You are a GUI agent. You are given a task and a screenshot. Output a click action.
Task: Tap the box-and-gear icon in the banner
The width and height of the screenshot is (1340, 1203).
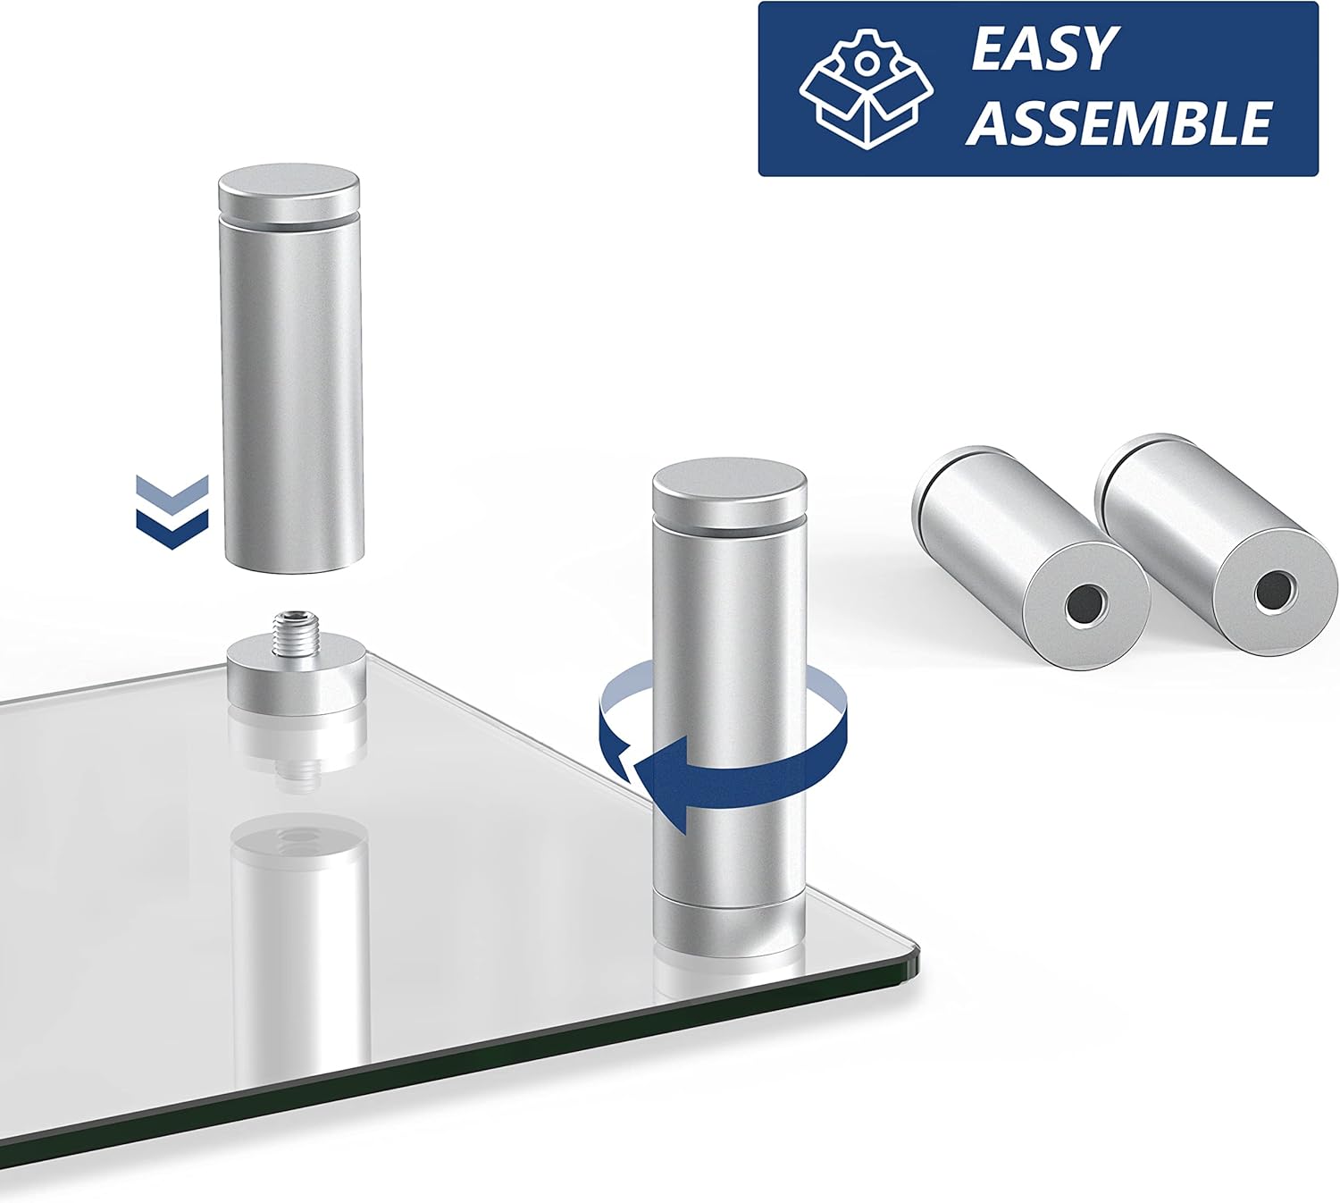tap(866, 88)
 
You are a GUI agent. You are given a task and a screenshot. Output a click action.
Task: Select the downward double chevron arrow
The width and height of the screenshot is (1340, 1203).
tap(172, 511)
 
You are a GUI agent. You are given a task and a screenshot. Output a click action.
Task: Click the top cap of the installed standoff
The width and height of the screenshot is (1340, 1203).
tap(730, 487)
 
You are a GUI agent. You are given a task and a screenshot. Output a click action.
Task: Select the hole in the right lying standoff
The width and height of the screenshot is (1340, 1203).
tap(1274, 588)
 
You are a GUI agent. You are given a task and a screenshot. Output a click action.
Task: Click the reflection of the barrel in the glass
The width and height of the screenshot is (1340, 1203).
tap(299, 939)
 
